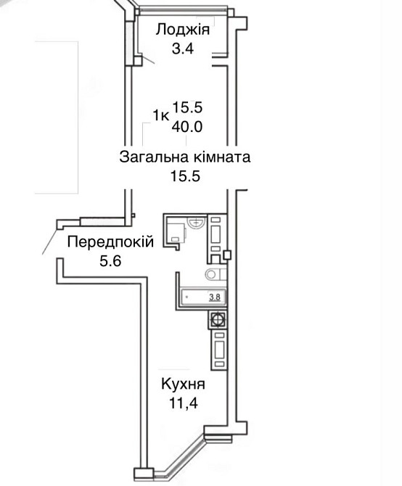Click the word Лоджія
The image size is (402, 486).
point(184,30)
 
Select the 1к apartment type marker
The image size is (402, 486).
point(161,114)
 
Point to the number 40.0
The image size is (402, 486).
point(187,125)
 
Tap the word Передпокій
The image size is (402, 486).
point(110,242)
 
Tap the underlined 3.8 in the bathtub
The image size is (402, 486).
point(215,296)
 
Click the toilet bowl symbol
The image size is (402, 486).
point(216,274)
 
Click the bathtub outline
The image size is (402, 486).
point(202,297)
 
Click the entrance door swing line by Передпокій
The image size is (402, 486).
point(50,239)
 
